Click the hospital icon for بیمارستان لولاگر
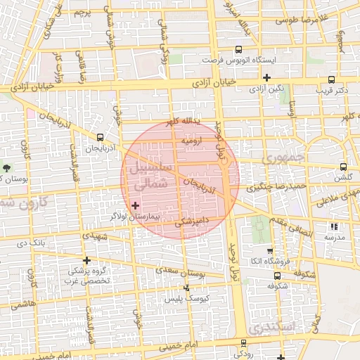(x=136, y=205)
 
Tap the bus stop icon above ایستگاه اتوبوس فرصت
(x=238, y=49)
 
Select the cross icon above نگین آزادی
(x=266, y=77)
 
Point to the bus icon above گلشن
(x=343, y=167)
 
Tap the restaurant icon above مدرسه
(x=334, y=226)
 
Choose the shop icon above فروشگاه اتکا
(x=270, y=251)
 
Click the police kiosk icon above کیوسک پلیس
(x=186, y=288)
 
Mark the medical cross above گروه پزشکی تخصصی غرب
(x=86, y=259)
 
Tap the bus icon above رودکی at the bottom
(x=243, y=343)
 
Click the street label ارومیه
(x=193, y=141)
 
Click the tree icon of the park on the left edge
(x=7, y=167)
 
